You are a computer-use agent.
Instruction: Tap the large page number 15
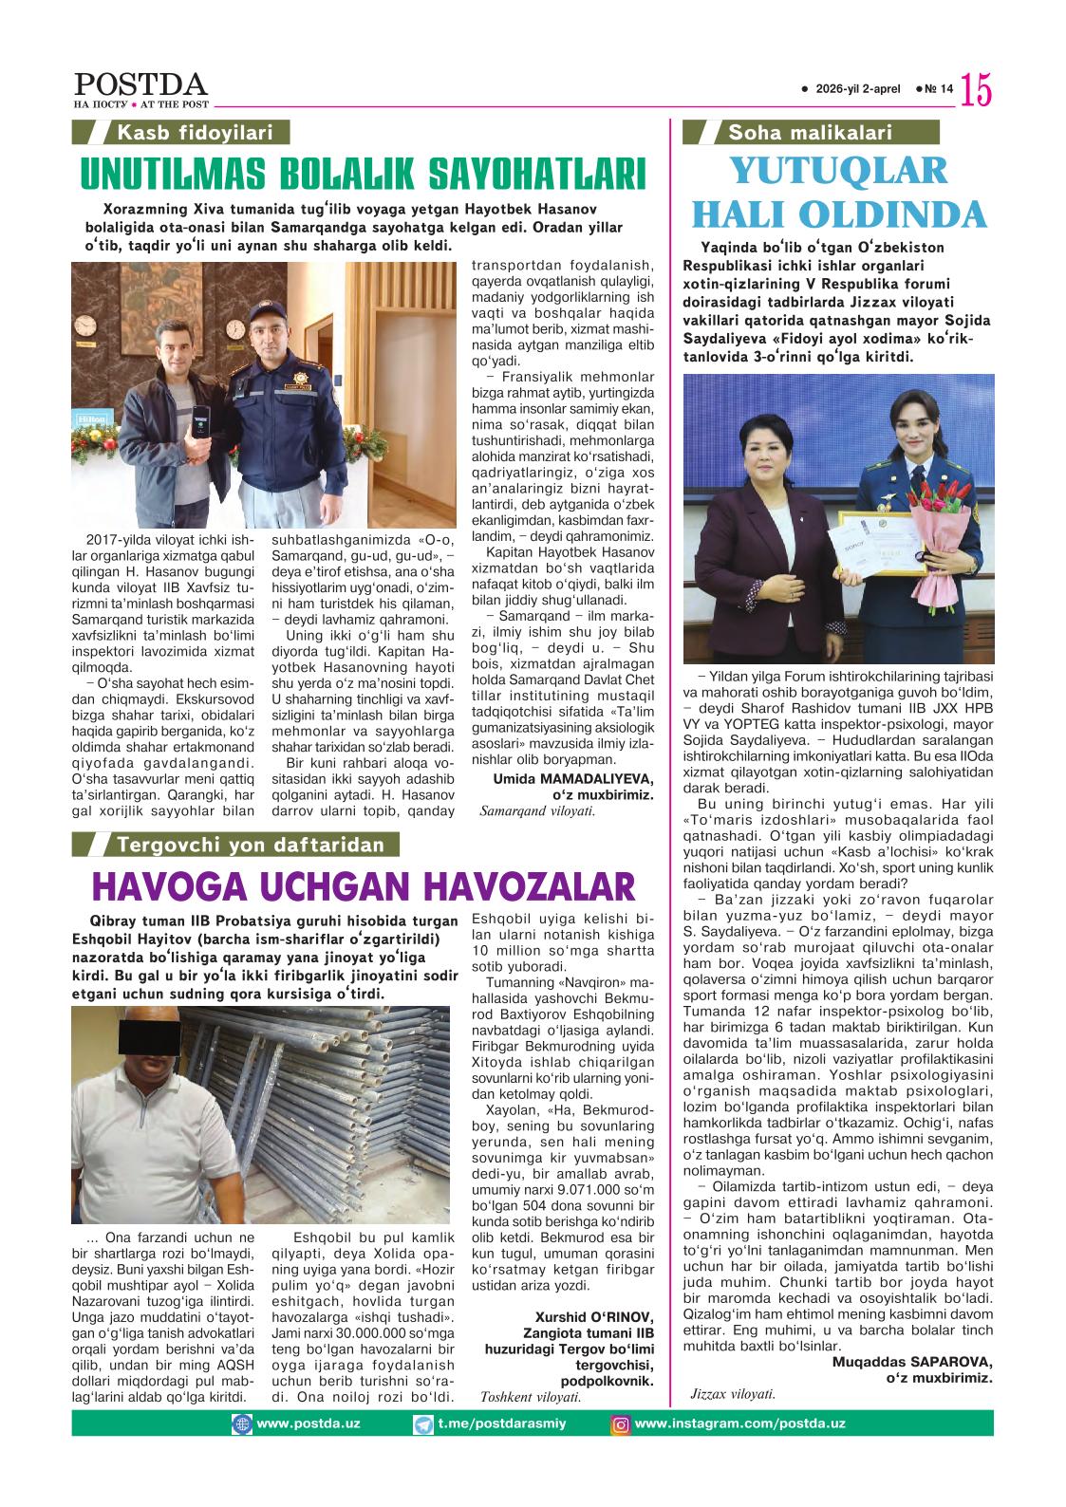(x=976, y=90)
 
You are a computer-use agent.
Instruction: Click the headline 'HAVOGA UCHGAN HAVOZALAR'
(x=363, y=886)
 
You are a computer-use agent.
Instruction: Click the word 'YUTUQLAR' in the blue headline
(x=838, y=171)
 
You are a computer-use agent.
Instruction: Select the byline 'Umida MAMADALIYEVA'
(x=574, y=778)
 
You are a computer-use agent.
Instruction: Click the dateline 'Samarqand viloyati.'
(x=537, y=810)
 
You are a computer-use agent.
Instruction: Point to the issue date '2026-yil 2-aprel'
(x=856, y=89)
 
